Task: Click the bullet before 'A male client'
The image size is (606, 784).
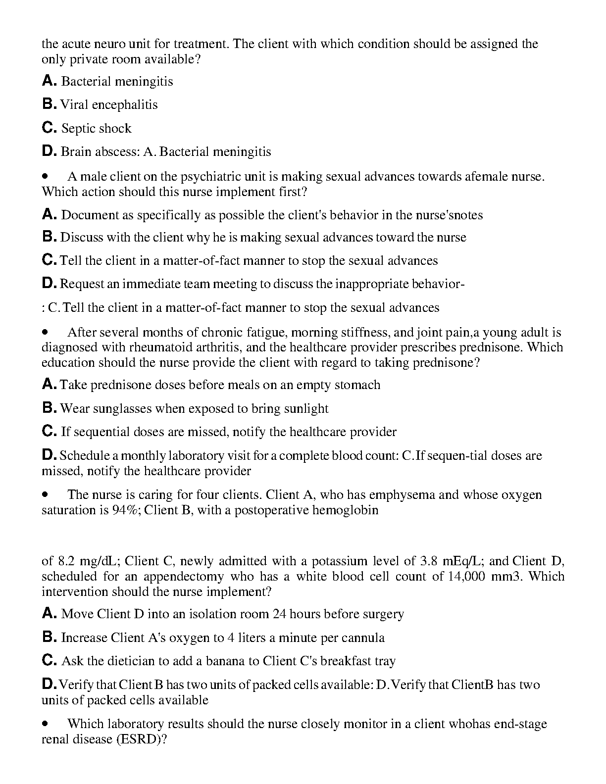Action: click(46, 177)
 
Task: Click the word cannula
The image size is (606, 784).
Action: click(363, 638)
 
